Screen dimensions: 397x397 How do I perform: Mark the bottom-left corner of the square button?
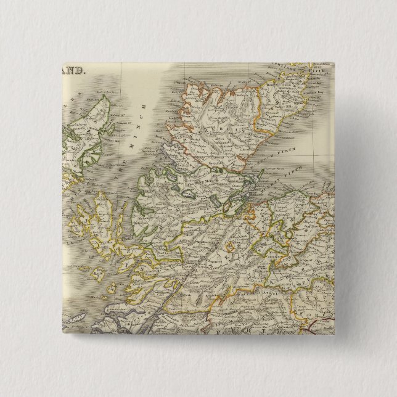coord(61,336)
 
